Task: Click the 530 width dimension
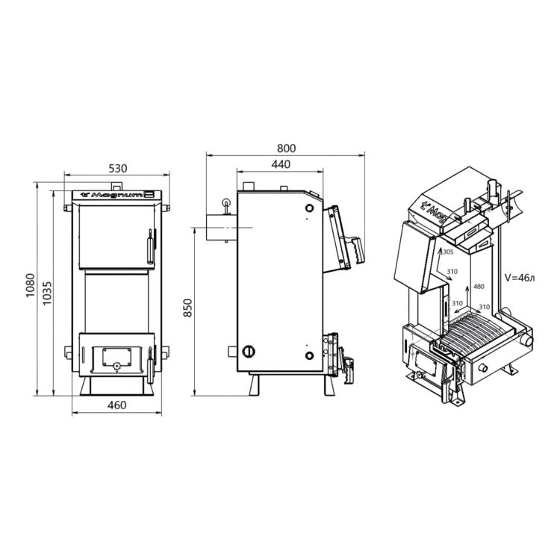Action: (117, 168)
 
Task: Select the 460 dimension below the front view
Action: (116, 405)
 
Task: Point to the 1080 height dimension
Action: (31, 285)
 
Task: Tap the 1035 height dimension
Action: (47, 293)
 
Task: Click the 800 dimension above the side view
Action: (286, 149)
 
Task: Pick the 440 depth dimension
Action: (281, 164)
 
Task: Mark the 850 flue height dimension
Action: (187, 308)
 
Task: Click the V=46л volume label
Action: (520, 278)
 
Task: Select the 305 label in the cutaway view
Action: (448, 252)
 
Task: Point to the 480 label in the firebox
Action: (479, 286)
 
